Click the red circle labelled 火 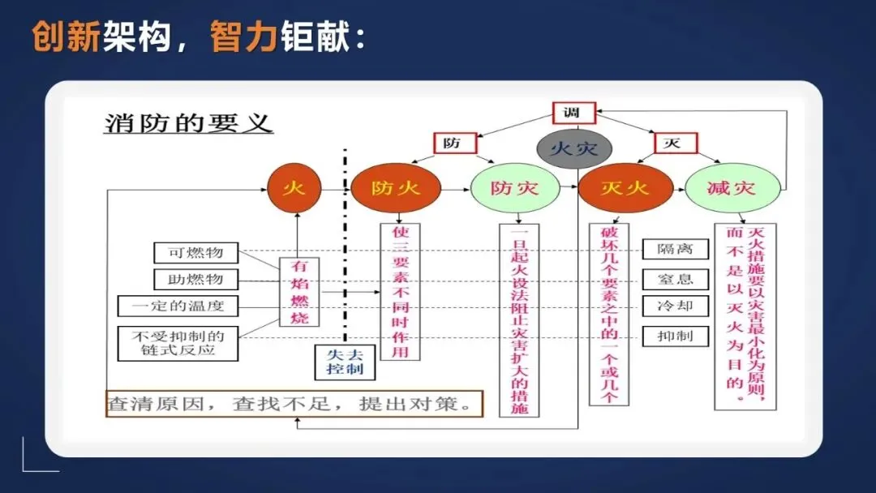(x=294, y=188)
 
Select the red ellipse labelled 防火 (x=396, y=189)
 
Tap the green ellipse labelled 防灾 (x=515, y=189)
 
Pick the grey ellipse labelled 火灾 (x=574, y=149)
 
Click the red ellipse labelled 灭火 (x=624, y=189)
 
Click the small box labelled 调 (x=573, y=113)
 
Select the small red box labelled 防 (x=452, y=144)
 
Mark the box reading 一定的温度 (x=181, y=306)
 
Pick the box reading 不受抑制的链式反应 (x=181, y=343)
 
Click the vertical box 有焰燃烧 (x=298, y=291)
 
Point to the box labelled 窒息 (x=675, y=279)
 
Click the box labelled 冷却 (x=675, y=307)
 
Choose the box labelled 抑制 (x=675, y=336)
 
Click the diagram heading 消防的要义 (x=188, y=123)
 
